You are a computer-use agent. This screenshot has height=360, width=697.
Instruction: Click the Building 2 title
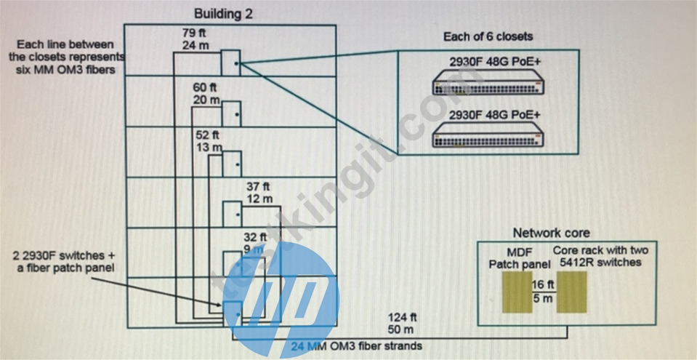pos(223,14)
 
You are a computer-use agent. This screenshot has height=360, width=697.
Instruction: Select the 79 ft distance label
pos(194,33)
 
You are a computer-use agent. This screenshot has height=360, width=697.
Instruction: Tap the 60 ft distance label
pos(205,87)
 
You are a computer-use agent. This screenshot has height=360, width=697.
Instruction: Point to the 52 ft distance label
pos(208,135)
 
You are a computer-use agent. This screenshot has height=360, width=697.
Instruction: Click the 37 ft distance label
pos(259,187)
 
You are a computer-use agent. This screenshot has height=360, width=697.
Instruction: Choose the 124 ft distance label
pos(402,318)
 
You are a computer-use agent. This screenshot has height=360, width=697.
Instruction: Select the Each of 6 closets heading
pos(488,36)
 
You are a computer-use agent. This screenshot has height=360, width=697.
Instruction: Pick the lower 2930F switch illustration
pos(488,135)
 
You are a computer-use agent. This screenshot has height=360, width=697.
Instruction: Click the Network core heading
pos(551,233)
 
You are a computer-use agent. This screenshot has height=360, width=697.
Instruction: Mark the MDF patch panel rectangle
pos(517,292)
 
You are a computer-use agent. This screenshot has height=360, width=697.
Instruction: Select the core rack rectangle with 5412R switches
pos(572,292)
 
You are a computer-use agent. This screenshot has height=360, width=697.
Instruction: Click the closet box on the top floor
pos(230,63)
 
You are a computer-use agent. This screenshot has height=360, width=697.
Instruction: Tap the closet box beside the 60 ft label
pos(231,114)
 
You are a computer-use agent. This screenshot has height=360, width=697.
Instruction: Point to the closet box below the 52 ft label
pos(232,164)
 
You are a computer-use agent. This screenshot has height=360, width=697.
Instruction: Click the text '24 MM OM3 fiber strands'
pos(357,345)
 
